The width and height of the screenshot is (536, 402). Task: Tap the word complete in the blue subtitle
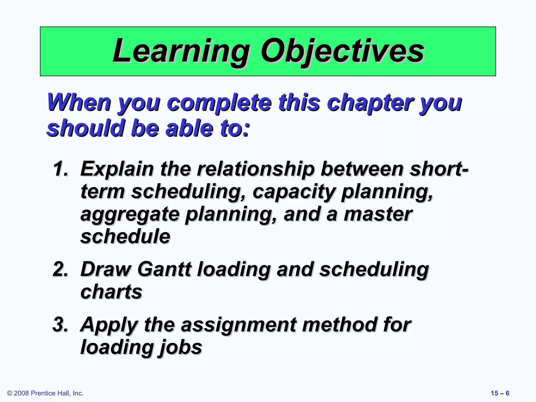coord(219,103)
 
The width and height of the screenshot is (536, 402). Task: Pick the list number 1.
coord(60,169)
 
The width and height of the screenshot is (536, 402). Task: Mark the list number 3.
coord(60,325)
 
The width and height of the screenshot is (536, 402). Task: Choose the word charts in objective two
coord(111,292)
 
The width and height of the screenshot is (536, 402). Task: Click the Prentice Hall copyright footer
coord(45,393)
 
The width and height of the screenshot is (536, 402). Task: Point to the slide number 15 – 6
coord(500,393)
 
